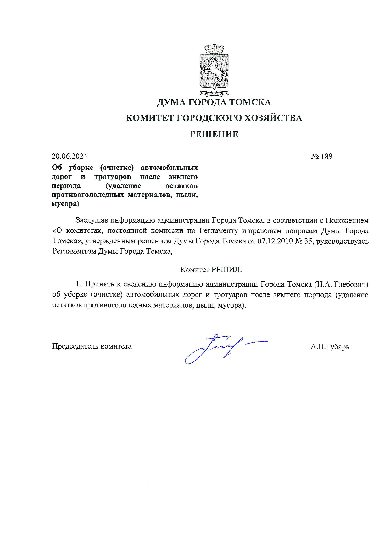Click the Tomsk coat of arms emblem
[214, 70]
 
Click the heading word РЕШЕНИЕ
[214, 134]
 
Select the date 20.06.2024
[70, 156]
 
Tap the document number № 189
[321, 156]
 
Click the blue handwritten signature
[220, 348]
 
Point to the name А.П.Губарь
[330, 347]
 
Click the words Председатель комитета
[92, 346]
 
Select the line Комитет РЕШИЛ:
[211, 270]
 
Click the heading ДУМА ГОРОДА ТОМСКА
[214, 102]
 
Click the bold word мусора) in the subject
[65, 204]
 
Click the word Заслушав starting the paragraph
[92, 220]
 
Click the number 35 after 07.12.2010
[308, 242]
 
